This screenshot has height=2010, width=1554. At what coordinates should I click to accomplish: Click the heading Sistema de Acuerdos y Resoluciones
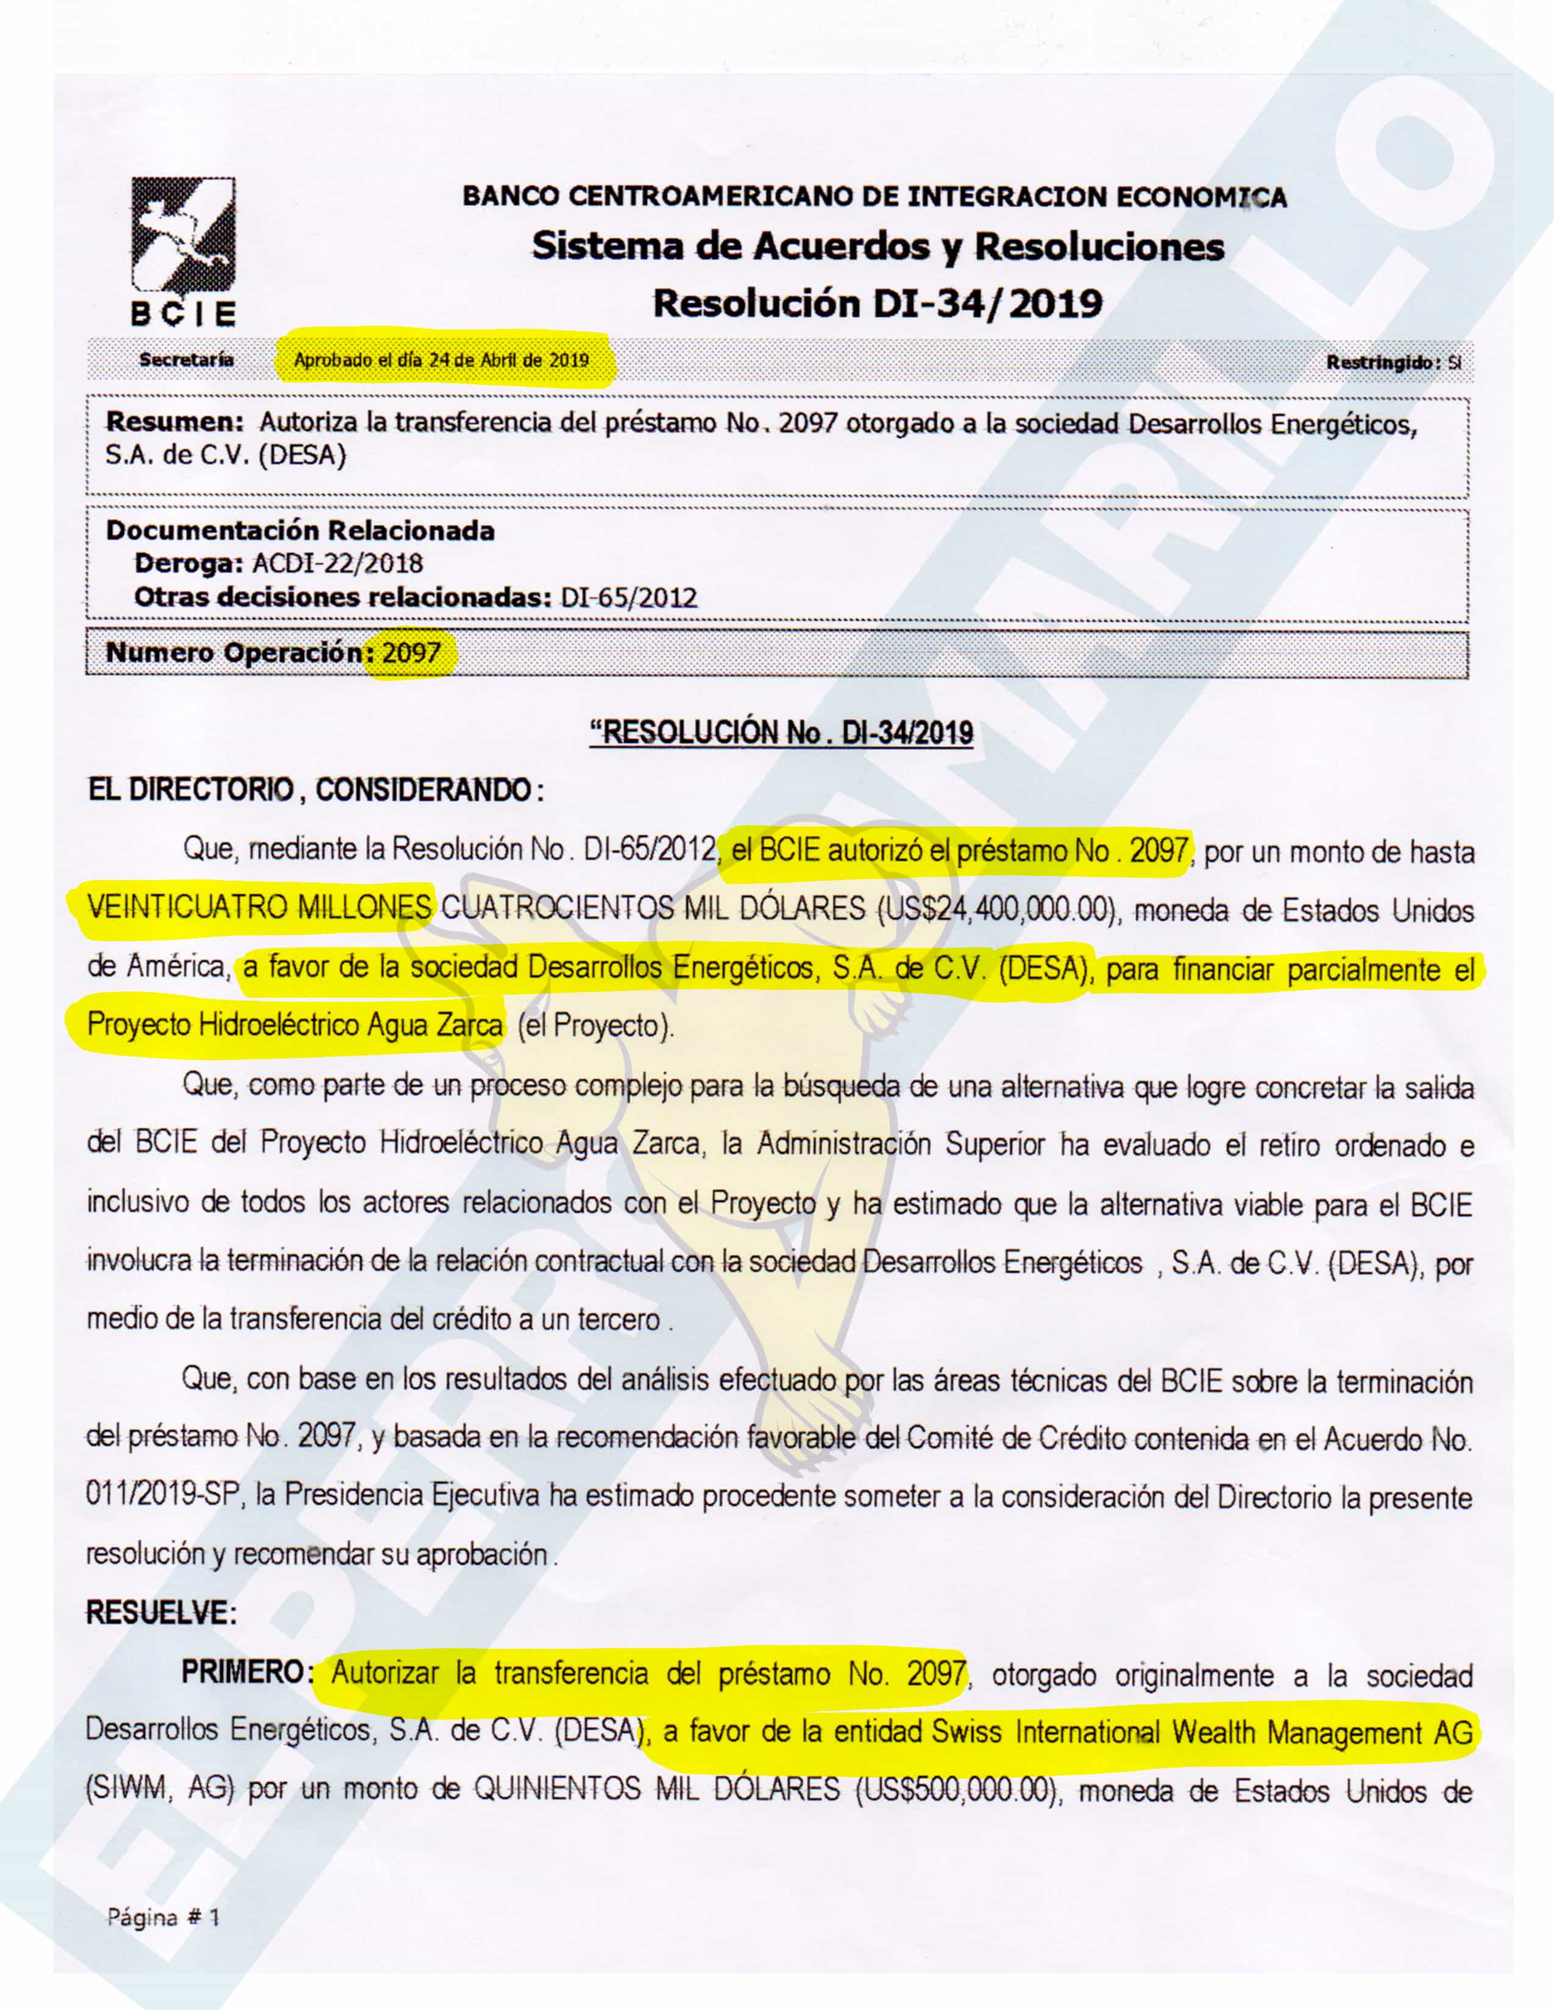click(x=878, y=247)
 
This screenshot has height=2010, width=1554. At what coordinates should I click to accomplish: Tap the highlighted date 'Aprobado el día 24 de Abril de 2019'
click(x=441, y=360)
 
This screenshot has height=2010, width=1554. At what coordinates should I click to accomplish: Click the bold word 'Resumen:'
click(x=175, y=423)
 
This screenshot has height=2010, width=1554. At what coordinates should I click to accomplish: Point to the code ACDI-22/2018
click(x=337, y=563)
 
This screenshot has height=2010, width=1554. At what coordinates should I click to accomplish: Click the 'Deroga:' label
click(x=189, y=563)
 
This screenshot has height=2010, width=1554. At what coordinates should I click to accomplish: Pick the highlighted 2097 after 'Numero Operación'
click(x=411, y=654)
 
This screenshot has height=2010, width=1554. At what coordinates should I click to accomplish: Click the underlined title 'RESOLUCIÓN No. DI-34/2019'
click(x=782, y=733)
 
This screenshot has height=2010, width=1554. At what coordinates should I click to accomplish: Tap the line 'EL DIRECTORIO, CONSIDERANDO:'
click(x=316, y=789)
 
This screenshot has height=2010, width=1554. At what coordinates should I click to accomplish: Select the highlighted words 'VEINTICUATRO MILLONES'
click(x=260, y=908)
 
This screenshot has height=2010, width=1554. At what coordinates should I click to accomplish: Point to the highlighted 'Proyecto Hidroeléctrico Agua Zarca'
click(x=294, y=1024)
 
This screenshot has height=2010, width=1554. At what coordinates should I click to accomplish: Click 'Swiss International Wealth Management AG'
click(x=1201, y=1732)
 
